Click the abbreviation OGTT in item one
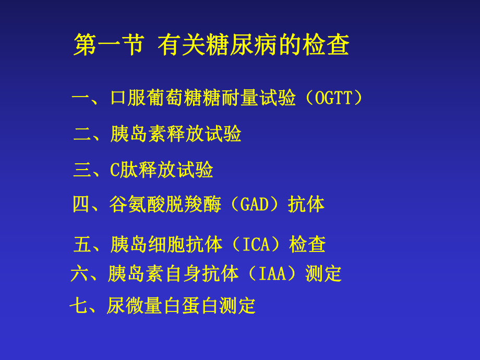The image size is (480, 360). point(333,98)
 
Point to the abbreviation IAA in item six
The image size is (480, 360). point(273,274)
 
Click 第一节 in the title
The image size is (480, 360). point(109,45)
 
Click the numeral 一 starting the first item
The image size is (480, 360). point(81,98)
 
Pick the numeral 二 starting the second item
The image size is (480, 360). point(82,134)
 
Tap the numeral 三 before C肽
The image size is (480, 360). point(82,170)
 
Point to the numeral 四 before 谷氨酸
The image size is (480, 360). point(81,205)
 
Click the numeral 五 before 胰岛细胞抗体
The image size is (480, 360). point(82,244)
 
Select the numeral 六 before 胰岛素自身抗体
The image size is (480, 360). point(79,274)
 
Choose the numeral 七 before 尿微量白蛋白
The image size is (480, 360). point(79,305)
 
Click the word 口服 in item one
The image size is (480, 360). point(128,98)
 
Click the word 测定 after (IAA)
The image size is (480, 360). point(323,274)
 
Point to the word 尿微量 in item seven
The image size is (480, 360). point(134,305)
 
